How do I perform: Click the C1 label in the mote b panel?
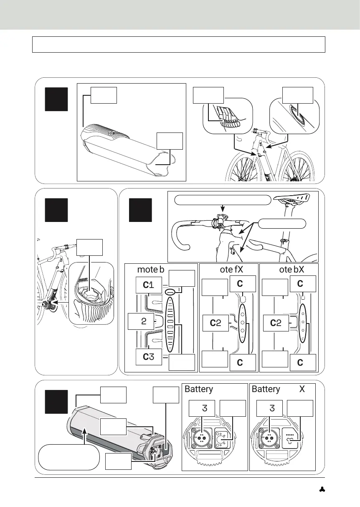tap(149, 285)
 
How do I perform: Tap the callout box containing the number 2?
tap(141, 321)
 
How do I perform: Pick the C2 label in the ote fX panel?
tap(216, 323)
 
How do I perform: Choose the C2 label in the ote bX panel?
tap(276, 323)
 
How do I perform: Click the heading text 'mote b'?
tap(151, 269)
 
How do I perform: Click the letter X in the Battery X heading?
tap(302, 389)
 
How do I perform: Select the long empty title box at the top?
tap(178, 44)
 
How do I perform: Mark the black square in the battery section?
tap(56, 401)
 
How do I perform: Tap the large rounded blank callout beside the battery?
tap(69, 458)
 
